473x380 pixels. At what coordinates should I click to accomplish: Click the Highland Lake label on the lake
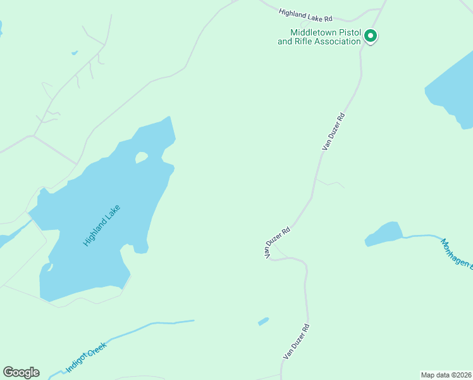pyautogui.click(x=101, y=225)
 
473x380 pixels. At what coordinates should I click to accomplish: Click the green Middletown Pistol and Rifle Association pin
pyautogui.click(x=371, y=36)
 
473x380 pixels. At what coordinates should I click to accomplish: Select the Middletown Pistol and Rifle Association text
pyautogui.click(x=319, y=37)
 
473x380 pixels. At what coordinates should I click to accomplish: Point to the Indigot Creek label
pyautogui.click(x=87, y=357)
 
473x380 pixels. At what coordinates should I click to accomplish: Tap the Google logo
pyautogui.click(x=21, y=372)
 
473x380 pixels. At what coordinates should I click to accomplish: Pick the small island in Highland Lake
pyautogui.click(x=141, y=156)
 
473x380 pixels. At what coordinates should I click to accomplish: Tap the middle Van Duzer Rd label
pyautogui.click(x=276, y=241)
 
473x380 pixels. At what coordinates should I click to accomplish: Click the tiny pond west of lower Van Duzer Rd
pyautogui.click(x=263, y=321)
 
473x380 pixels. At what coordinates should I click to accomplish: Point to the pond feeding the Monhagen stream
pyautogui.click(x=384, y=234)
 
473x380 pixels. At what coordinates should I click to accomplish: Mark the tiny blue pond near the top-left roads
pyautogui.click(x=75, y=53)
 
